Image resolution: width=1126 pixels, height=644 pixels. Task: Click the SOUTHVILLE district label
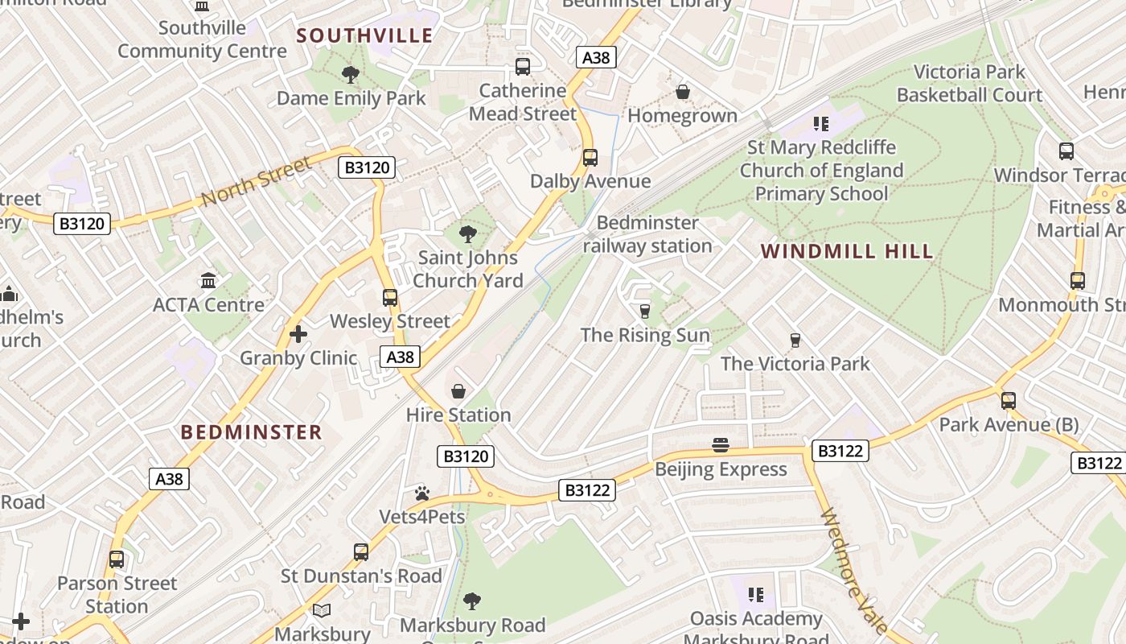click(x=364, y=35)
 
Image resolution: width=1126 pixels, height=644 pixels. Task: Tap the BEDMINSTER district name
click(x=251, y=432)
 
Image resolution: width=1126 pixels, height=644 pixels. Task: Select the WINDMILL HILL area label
click(x=847, y=251)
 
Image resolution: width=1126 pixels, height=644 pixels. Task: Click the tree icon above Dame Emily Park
click(x=350, y=75)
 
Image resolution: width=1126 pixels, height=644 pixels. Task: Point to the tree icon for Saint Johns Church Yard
click(x=467, y=235)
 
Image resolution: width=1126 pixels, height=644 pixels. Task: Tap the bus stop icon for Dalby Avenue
click(x=590, y=158)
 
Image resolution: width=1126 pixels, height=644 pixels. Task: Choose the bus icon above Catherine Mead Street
click(x=523, y=67)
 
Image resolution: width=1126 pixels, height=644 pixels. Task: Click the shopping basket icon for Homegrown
click(x=683, y=93)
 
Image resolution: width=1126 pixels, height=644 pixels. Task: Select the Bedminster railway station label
click(x=647, y=234)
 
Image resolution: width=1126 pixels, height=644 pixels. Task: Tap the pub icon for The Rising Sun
click(x=644, y=312)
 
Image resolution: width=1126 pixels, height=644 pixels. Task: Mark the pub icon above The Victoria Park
click(x=795, y=341)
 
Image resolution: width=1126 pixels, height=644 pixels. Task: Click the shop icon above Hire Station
click(x=458, y=392)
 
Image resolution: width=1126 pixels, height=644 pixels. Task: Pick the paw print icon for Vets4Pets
click(x=422, y=493)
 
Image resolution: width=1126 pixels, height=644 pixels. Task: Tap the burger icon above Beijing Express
click(x=720, y=445)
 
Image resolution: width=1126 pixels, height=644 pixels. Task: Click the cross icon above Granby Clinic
click(x=298, y=334)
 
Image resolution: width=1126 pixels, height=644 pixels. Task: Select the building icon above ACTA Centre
click(x=209, y=281)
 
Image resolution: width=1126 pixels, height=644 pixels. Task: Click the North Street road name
click(x=256, y=181)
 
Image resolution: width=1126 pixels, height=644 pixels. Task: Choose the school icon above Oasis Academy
click(x=755, y=595)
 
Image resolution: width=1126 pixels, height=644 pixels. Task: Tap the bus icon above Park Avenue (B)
click(x=1009, y=401)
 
